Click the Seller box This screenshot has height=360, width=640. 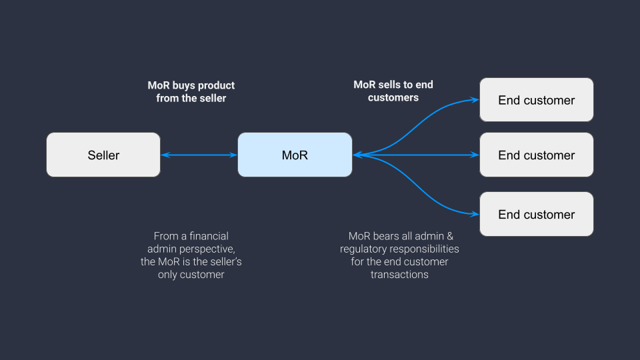103,155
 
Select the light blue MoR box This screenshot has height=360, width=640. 295,155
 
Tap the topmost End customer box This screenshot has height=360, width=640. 536,100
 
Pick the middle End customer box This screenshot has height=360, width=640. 536,155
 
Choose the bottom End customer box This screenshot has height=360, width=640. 536,214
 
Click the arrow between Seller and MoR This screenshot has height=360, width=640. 199,155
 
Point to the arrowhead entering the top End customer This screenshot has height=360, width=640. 475,100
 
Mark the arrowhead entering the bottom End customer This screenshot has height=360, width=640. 475,214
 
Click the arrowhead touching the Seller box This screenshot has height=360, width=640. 165,155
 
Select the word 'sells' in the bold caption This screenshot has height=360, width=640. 388,85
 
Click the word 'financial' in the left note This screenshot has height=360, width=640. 208,236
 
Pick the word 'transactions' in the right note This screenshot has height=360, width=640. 399,274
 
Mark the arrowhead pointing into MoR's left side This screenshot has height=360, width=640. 233,155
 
